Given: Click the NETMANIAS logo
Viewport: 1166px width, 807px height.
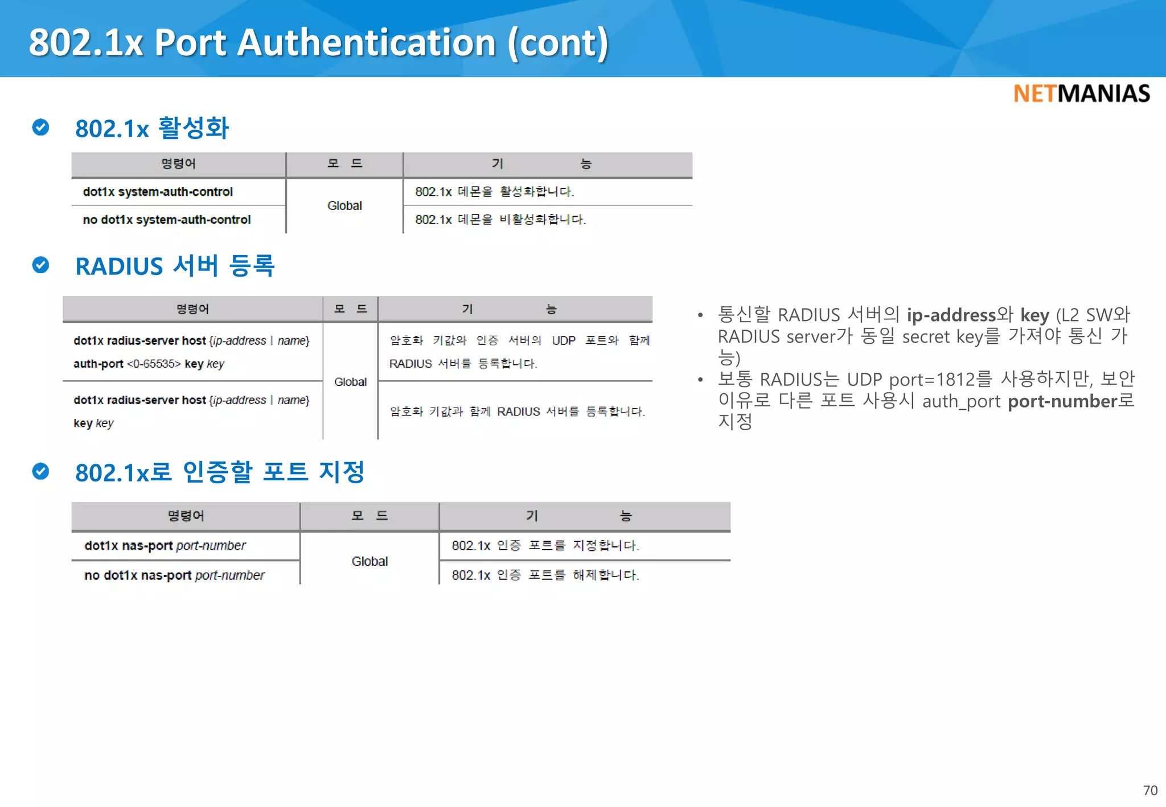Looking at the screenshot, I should (x=1081, y=94).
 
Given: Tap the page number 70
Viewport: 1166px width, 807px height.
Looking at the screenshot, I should (x=1150, y=790).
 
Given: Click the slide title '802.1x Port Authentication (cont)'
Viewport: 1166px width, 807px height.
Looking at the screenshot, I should (x=318, y=43).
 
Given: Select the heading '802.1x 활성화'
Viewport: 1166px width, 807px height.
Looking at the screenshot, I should (x=152, y=128).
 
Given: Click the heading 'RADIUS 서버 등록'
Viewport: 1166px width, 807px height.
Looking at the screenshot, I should (x=175, y=266).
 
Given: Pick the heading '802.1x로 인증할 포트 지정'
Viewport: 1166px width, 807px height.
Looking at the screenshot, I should (x=220, y=472).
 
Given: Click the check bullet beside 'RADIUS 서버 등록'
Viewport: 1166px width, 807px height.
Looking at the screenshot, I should (x=40, y=265).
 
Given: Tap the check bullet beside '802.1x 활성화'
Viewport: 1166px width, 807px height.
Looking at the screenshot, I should (x=40, y=127).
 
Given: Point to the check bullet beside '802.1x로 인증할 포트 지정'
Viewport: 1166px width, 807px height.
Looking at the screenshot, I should (x=40, y=471).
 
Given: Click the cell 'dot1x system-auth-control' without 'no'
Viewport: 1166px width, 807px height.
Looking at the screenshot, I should (x=158, y=192).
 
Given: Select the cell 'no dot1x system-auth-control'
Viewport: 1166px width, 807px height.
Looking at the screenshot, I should (x=166, y=220).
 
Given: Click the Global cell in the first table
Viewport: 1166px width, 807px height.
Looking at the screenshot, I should (x=344, y=205).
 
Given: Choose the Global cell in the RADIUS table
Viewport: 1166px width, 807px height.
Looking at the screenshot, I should (x=350, y=382).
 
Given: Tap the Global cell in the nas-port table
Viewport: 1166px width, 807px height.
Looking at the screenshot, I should (x=369, y=561).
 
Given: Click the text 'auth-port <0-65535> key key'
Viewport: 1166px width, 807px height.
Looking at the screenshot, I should (x=149, y=364).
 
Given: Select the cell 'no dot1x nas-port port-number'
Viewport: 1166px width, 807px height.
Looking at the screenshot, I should (x=174, y=575).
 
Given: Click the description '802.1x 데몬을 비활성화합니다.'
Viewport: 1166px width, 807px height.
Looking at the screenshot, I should (x=500, y=220).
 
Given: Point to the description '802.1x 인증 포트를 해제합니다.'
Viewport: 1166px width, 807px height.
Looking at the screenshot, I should (x=545, y=575).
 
